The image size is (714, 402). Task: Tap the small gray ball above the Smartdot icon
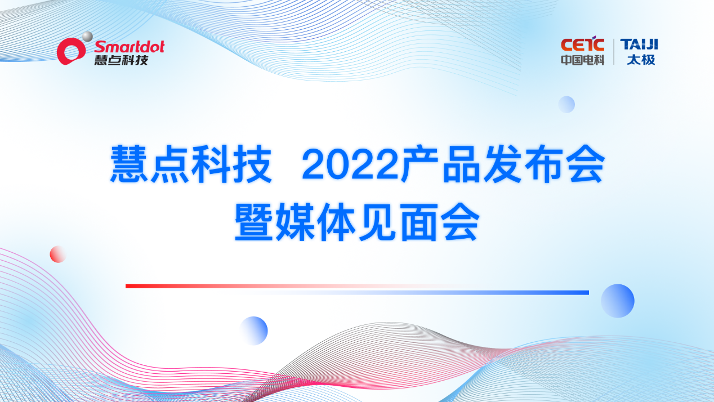(87, 37)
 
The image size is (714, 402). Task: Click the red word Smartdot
(129, 46)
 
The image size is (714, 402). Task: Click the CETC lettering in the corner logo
(582, 45)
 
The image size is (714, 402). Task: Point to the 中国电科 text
(582, 59)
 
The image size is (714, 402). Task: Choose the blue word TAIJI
(639, 44)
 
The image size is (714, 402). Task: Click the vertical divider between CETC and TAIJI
(613, 51)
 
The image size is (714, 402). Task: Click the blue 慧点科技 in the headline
(190, 164)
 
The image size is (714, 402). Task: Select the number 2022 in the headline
(349, 164)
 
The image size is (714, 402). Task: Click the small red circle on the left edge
(58, 254)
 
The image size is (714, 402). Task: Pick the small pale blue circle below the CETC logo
(566, 104)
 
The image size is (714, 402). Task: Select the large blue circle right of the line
(617, 301)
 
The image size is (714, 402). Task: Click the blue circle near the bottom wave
(254, 330)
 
